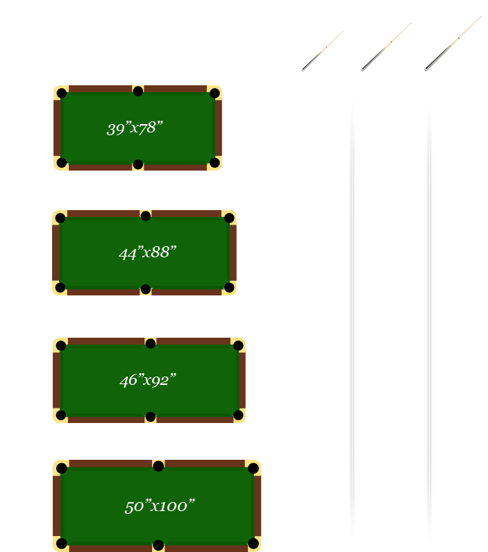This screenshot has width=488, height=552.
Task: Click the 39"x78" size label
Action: tap(134, 128)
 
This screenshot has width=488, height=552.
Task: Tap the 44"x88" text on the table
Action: tap(147, 253)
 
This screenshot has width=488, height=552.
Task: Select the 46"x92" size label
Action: tap(147, 380)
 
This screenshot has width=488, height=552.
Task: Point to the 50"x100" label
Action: tap(159, 506)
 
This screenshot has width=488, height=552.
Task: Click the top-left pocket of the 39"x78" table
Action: tap(62, 93)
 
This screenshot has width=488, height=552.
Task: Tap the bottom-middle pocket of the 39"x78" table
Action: tap(138, 164)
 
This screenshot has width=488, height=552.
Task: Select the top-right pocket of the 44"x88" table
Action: tap(229, 218)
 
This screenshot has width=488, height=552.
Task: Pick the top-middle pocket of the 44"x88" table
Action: tap(146, 216)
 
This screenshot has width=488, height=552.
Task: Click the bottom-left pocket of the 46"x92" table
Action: tap(61, 415)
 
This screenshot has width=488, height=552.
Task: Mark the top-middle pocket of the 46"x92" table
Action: tap(151, 343)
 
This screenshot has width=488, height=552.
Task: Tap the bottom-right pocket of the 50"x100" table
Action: tap(253, 543)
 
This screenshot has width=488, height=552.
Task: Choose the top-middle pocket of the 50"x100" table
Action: tap(158, 466)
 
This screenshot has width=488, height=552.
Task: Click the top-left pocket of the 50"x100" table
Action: tap(62, 468)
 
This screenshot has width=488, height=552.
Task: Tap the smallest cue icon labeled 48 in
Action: tap(322, 50)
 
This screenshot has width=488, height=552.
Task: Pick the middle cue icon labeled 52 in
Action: tap(386, 46)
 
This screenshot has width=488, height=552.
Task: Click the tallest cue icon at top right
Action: tap(455, 41)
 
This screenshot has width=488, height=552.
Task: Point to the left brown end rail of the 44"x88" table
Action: tap(56, 253)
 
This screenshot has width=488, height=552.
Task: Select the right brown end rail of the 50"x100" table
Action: tap(258, 506)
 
